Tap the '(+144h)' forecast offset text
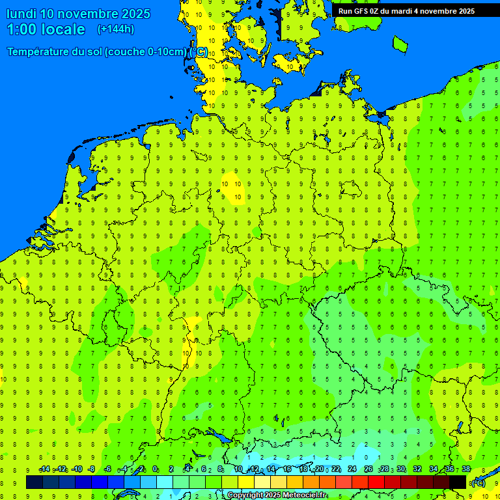[x=115, y=29]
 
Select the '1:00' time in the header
[x=21, y=29]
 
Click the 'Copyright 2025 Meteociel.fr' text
[x=277, y=495]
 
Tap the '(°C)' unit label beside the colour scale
[x=478, y=482]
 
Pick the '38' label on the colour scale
[x=465, y=469]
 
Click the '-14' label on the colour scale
[x=44, y=469]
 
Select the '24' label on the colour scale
[x=352, y=469]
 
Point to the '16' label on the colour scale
[x=286, y=469]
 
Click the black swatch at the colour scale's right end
[x=458, y=482]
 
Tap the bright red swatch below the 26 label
[x=376, y=482]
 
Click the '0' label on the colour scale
[x=155, y=469]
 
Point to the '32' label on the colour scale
[x=417, y=469]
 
